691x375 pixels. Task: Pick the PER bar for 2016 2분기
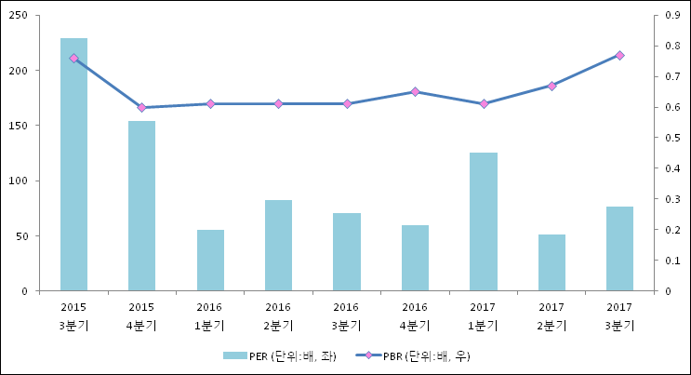click(278, 246)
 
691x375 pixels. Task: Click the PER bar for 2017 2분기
click(551, 262)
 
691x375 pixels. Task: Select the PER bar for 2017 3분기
click(619, 248)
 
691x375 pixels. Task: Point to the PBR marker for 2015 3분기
click(73, 59)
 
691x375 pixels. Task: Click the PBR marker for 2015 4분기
click(141, 108)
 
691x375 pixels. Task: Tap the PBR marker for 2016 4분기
click(415, 92)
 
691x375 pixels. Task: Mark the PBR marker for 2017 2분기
click(551, 86)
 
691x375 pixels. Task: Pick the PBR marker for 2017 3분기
click(619, 56)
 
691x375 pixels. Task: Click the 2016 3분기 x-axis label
click(346, 315)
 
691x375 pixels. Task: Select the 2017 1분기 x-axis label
click(483, 315)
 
